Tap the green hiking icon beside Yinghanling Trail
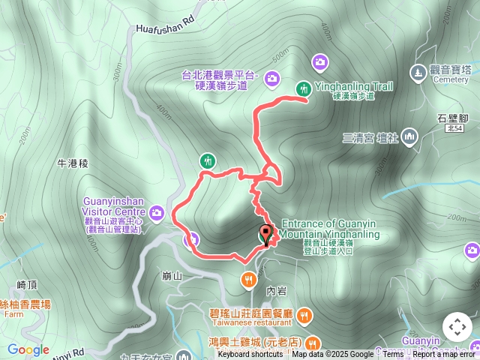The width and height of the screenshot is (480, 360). [x=303, y=88]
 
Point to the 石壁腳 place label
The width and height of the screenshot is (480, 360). [x=452, y=119]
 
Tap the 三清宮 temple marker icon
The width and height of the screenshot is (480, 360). [x=409, y=136]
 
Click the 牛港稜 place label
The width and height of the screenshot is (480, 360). [x=73, y=163]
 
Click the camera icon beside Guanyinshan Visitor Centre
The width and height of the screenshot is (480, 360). [x=156, y=213]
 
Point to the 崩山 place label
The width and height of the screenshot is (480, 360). [x=172, y=276]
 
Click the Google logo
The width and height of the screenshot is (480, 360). [x=28, y=349]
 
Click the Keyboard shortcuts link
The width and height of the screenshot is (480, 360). [x=250, y=355]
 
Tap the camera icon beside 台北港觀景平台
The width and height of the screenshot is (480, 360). [x=271, y=76]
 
